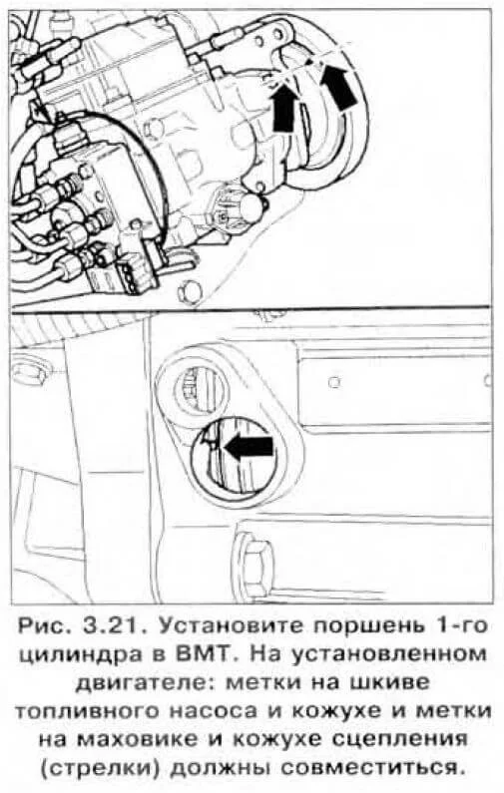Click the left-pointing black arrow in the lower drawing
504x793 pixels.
(249, 447)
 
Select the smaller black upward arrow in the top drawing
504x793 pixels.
(282, 109)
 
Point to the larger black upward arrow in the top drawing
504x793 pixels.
(337, 88)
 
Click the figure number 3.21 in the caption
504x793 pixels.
(112, 627)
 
